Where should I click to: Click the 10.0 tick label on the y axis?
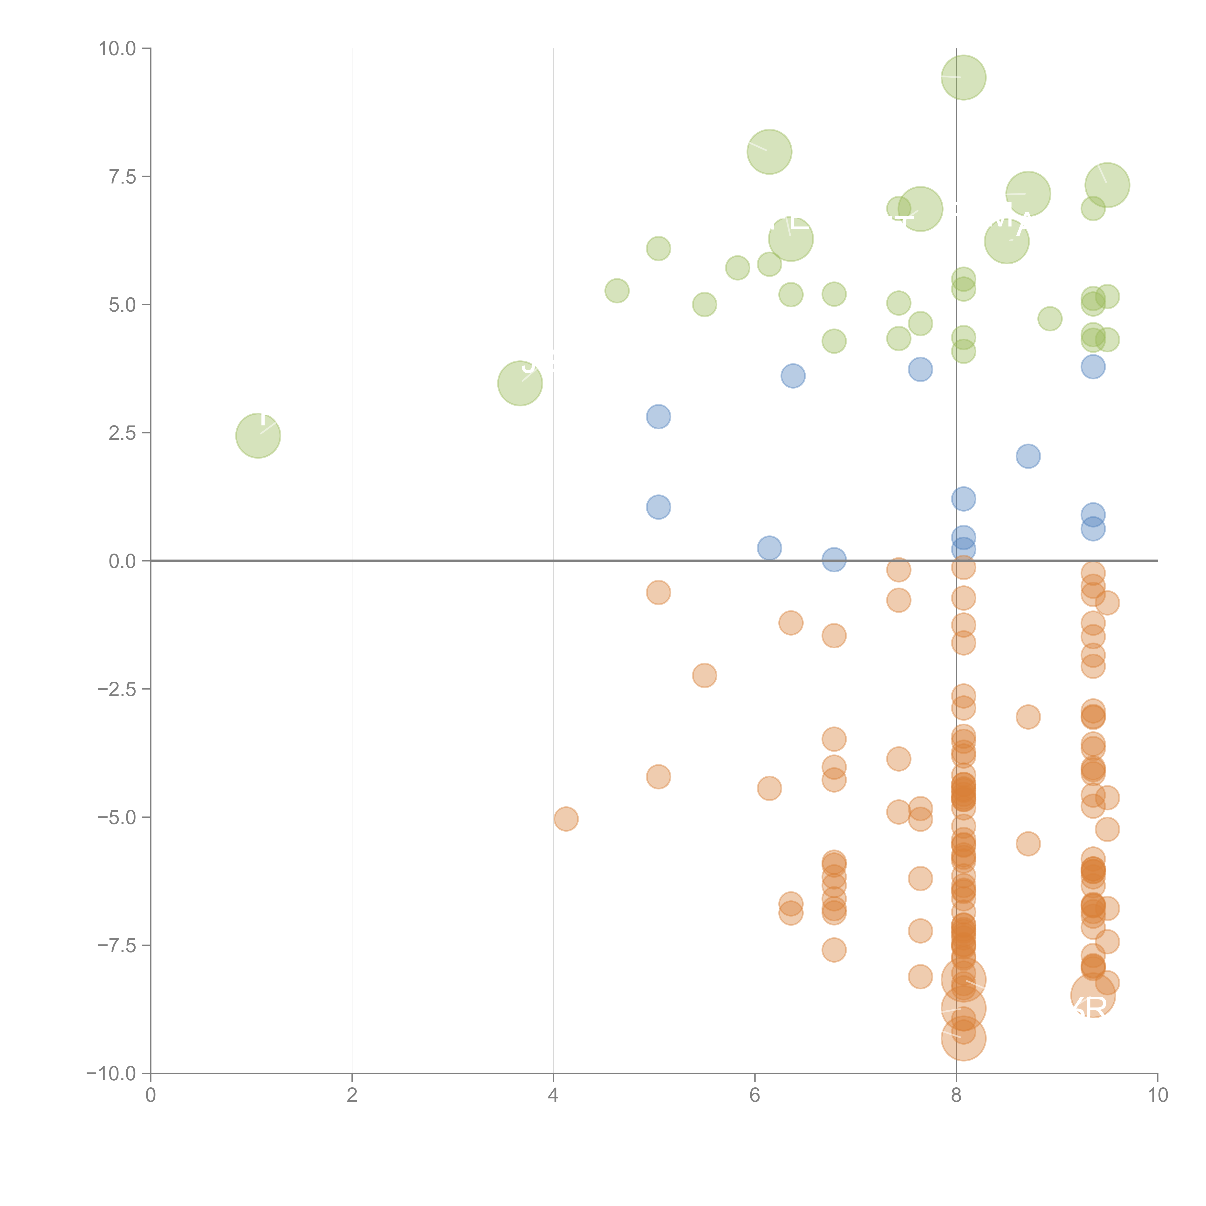tap(117, 49)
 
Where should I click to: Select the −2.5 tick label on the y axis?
tap(117, 689)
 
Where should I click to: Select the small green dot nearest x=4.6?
tap(617, 291)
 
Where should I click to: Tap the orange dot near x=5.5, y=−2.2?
tap(704, 675)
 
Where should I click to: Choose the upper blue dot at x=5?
tap(658, 416)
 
